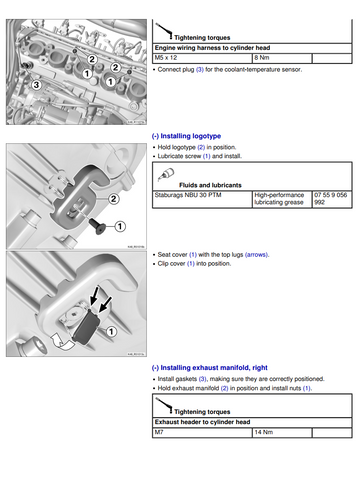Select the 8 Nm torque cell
(282, 58)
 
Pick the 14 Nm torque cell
(282, 433)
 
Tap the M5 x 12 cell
(202, 58)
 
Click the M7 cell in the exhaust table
(202, 433)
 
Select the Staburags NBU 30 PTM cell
(202, 199)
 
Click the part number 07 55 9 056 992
(331, 199)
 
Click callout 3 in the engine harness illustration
(36, 85)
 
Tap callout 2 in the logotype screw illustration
(114, 199)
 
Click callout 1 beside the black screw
(120, 227)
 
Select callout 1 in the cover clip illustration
(111, 332)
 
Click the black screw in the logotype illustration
(98, 226)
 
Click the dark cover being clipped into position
(87, 326)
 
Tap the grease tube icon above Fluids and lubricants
(167, 174)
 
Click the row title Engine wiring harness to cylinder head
(212, 48)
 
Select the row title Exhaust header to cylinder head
(202, 422)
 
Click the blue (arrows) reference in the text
(257, 255)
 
